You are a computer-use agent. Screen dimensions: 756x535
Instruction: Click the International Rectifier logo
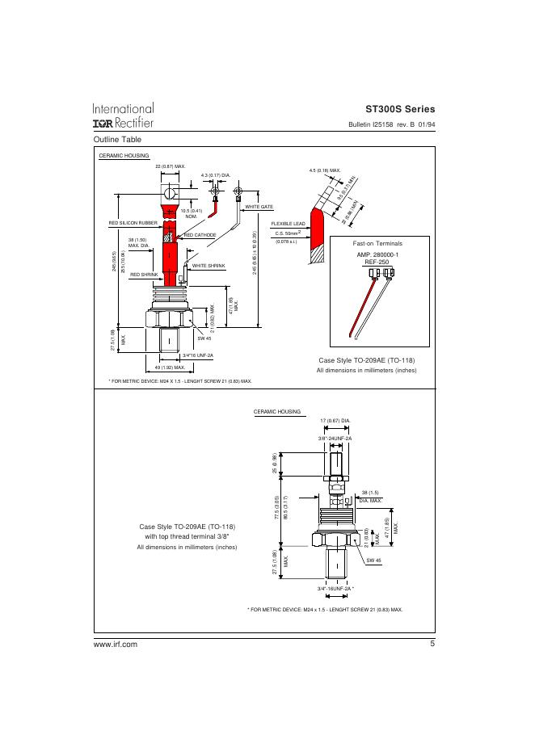click(123, 115)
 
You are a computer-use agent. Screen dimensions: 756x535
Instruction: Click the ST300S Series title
click(400, 109)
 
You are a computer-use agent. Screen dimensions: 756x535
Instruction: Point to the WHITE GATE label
click(259, 208)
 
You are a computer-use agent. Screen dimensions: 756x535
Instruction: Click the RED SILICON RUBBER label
click(133, 222)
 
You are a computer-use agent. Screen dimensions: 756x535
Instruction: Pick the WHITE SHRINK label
click(209, 266)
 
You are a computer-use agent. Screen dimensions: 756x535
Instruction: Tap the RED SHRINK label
click(145, 275)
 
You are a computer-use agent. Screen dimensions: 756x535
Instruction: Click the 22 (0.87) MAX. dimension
click(171, 166)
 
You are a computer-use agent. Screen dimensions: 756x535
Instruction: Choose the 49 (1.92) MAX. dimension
click(171, 367)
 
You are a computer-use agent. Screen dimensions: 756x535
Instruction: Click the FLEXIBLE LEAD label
click(288, 223)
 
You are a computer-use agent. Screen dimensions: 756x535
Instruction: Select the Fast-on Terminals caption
click(378, 243)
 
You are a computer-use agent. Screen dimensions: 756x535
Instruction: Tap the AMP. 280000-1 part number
click(378, 254)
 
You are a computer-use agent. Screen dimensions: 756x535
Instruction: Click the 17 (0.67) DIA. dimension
click(335, 421)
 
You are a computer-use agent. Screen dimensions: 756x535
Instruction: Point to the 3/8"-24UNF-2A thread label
click(335, 437)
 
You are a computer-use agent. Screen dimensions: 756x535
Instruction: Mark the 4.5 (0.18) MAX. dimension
click(325, 170)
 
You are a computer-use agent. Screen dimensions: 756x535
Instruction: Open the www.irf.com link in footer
click(116, 644)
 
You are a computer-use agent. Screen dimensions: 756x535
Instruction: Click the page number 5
click(432, 644)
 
